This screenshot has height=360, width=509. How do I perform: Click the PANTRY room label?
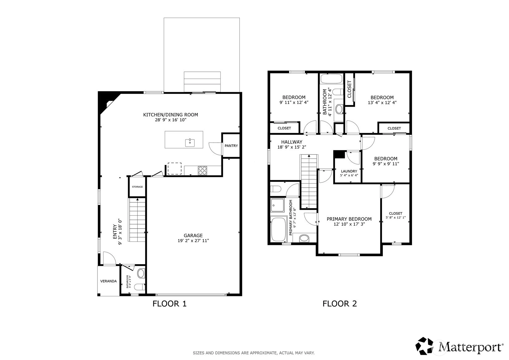[x=231, y=146]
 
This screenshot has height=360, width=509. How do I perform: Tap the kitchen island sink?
[x=190, y=143]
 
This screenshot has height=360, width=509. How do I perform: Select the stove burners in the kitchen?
[x=202, y=170]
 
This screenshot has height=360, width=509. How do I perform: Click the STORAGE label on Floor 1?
[x=138, y=187]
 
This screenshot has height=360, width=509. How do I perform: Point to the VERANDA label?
[x=108, y=281]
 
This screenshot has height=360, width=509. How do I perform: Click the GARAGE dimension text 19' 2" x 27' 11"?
[x=193, y=241]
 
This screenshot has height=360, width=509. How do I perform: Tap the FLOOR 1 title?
[x=170, y=304]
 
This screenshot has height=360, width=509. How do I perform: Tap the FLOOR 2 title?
[x=340, y=304]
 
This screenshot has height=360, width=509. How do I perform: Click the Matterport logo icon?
[x=424, y=346]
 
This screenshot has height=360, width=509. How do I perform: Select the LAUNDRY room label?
[x=349, y=171]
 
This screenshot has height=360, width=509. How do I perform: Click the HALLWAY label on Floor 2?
[x=292, y=142]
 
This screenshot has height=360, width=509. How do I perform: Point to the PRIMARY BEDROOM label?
[x=349, y=219]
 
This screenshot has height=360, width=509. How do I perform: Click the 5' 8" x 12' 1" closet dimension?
[x=396, y=218]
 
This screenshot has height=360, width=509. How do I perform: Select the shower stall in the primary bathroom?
[x=277, y=205]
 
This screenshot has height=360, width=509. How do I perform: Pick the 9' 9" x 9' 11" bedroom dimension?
[x=386, y=164]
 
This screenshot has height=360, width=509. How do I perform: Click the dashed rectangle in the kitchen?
[x=175, y=169]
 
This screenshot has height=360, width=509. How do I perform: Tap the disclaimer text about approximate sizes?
[x=254, y=353]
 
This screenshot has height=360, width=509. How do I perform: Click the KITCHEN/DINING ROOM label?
[x=170, y=115]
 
